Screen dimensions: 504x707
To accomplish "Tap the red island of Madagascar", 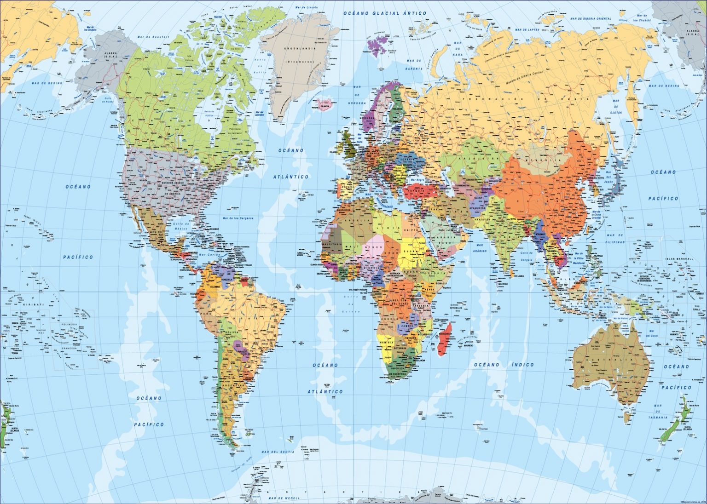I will pos(444,339).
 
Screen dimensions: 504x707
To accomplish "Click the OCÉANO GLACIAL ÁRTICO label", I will pos(385,14).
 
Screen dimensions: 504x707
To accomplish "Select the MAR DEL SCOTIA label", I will pos(278,452).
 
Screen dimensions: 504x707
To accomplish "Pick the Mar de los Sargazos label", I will pos(238,218).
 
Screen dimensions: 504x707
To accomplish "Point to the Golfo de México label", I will pos(181,226).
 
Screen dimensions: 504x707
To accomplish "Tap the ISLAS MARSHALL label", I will pos(679,259).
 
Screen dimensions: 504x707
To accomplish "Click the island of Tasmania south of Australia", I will pos(628,418).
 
